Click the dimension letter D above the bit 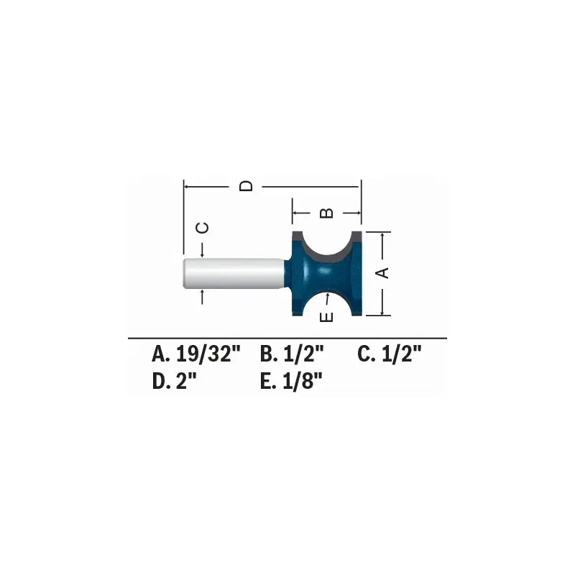coord(247,186)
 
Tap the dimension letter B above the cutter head coord(326,213)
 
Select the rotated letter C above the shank coord(203,228)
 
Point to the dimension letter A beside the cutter coord(383,272)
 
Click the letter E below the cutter coord(326,317)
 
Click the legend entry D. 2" coord(175,382)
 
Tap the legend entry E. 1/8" coord(291,382)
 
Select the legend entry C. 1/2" coord(389,354)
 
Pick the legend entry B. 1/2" coord(293,354)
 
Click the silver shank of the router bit coord(234,273)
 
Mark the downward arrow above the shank coord(203,253)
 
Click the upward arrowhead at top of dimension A coord(383,236)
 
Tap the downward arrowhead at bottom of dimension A coord(383,310)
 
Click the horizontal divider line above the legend coord(287,338)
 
